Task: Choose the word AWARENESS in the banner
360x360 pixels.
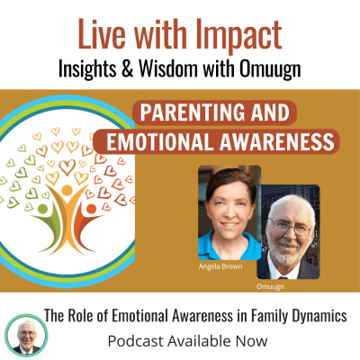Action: [274, 142]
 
